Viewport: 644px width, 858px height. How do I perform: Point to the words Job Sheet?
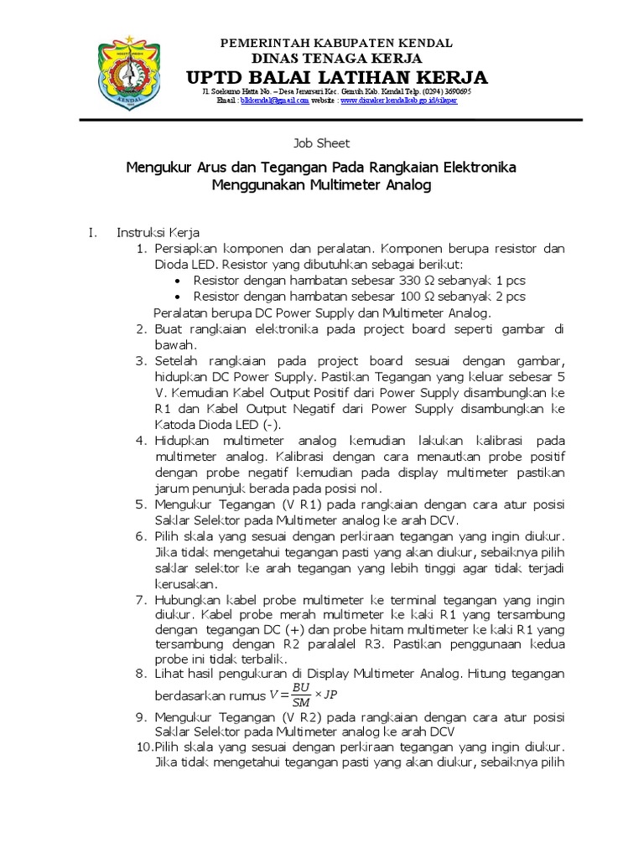pyautogui.click(x=322, y=143)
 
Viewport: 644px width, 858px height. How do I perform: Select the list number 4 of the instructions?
pyautogui.click(x=142, y=440)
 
